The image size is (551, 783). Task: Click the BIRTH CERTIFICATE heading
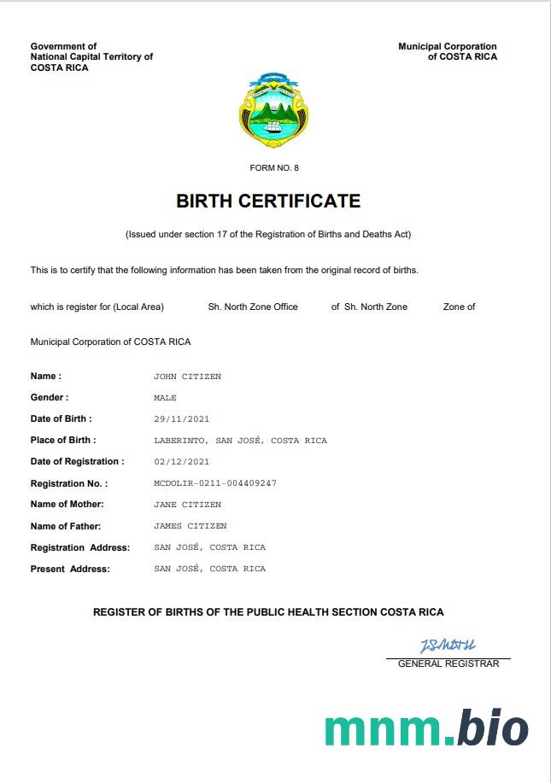268,202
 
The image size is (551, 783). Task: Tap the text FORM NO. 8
274,168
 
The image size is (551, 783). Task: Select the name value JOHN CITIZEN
187,377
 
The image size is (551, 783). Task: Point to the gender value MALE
165,398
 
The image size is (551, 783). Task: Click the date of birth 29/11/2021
181,419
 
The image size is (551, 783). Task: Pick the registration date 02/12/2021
181,462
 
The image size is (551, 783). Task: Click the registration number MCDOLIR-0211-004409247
215,483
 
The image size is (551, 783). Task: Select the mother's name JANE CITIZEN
187,505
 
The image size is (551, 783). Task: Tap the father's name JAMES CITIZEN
190,526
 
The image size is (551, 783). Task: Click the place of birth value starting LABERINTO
240,441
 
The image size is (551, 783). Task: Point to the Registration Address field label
80,547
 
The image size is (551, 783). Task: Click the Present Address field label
70,569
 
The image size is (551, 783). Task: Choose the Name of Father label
66,526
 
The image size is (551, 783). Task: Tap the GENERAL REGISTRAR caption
448,663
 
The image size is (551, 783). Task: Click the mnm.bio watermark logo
426,728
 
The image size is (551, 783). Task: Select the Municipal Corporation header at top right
448,51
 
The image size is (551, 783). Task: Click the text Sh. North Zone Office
253,307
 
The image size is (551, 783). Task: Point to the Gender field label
50,398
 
